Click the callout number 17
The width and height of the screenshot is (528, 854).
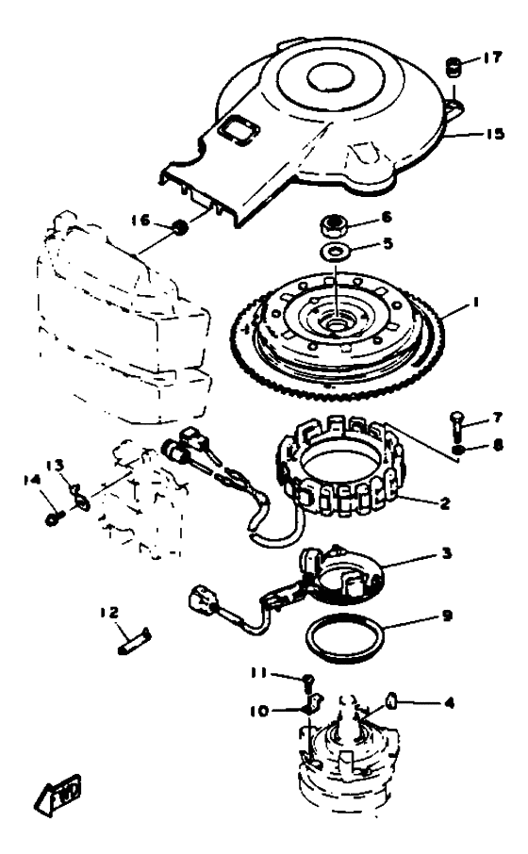click(x=491, y=57)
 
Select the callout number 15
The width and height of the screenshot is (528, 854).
click(x=495, y=134)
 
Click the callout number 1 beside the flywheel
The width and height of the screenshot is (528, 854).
click(x=475, y=302)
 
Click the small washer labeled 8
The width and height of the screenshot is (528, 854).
click(x=459, y=450)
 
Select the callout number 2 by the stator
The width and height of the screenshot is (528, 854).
click(x=445, y=502)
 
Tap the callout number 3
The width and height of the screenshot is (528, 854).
click(x=447, y=554)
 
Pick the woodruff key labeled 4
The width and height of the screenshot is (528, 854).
click(x=390, y=702)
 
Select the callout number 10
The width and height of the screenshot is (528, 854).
click(x=260, y=711)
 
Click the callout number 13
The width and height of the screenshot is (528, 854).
click(x=55, y=466)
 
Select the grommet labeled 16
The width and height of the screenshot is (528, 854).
click(x=180, y=226)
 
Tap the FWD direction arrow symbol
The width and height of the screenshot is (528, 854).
click(x=58, y=795)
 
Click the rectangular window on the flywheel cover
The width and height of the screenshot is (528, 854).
click(x=237, y=130)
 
